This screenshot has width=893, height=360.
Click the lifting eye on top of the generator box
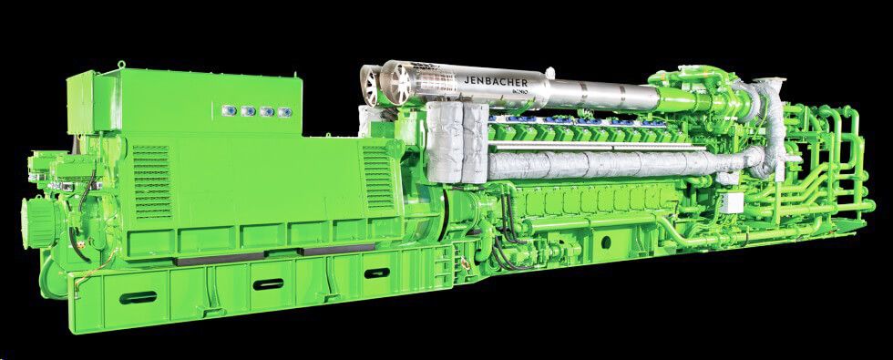click(x=121, y=66)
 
